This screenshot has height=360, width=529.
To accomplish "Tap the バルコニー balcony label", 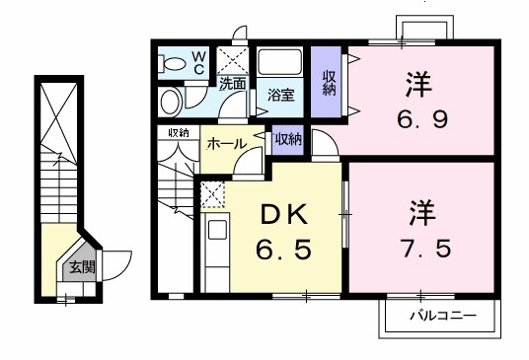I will (443, 317).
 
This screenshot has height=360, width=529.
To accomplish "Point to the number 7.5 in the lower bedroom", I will (426, 247).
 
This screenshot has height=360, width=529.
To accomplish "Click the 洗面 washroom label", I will (233, 84).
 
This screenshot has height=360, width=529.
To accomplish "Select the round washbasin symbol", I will (171, 100).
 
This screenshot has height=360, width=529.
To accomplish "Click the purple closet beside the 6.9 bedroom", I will (328, 80).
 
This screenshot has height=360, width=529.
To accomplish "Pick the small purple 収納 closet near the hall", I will (288, 140).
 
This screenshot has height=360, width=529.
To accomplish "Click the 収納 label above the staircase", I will (178, 133).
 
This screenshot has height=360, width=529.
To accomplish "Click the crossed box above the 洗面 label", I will (233, 57).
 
